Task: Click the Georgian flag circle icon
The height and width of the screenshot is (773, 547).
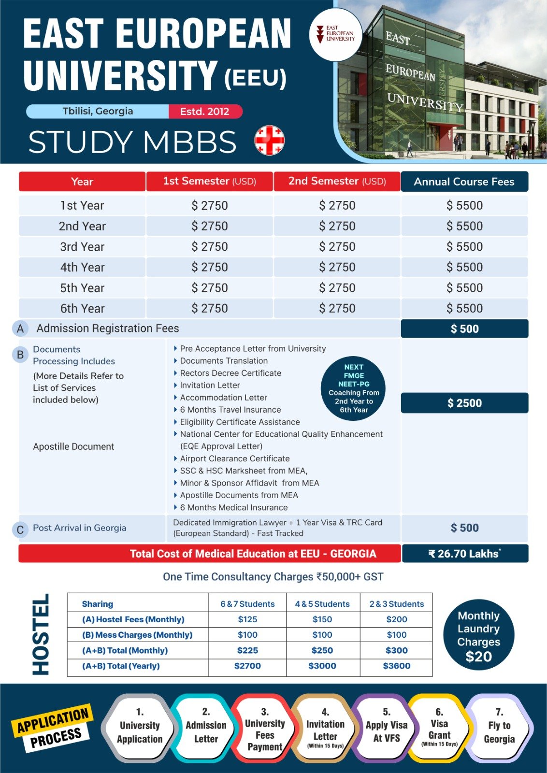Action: pyautogui.click(x=269, y=140)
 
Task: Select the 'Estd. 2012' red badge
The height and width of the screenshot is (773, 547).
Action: pyautogui.click(x=205, y=112)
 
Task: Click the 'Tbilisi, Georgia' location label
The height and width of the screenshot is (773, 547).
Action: pyautogui.click(x=98, y=111)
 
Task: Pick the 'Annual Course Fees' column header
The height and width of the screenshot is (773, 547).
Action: pyautogui.click(x=464, y=182)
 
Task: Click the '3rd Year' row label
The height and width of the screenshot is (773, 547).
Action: pyautogui.click(x=82, y=247)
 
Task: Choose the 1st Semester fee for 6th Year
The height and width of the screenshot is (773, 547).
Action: pyautogui.click(x=209, y=308)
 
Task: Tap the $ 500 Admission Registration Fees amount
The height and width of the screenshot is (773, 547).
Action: pyautogui.click(x=464, y=329)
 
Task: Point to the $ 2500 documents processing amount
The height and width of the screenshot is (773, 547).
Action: pyautogui.click(x=464, y=403)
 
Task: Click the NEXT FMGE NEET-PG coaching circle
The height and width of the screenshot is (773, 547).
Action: pyautogui.click(x=354, y=388)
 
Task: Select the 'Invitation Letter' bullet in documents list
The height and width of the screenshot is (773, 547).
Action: pyautogui.click(x=210, y=385)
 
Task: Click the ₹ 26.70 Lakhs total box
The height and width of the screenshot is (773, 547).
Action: pyautogui.click(x=464, y=554)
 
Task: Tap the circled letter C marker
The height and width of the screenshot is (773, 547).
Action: pyautogui.click(x=20, y=530)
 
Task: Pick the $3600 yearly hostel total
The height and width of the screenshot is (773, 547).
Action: pyautogui.click(x=396, y=666)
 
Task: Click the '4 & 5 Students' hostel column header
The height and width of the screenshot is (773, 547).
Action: pyautogui.click(x=322, y=604)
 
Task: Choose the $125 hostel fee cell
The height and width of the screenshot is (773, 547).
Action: pyautogui.click(x=247, y=619)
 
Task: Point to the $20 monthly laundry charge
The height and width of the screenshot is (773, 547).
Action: pyautogui.click(x=478, y=657)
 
